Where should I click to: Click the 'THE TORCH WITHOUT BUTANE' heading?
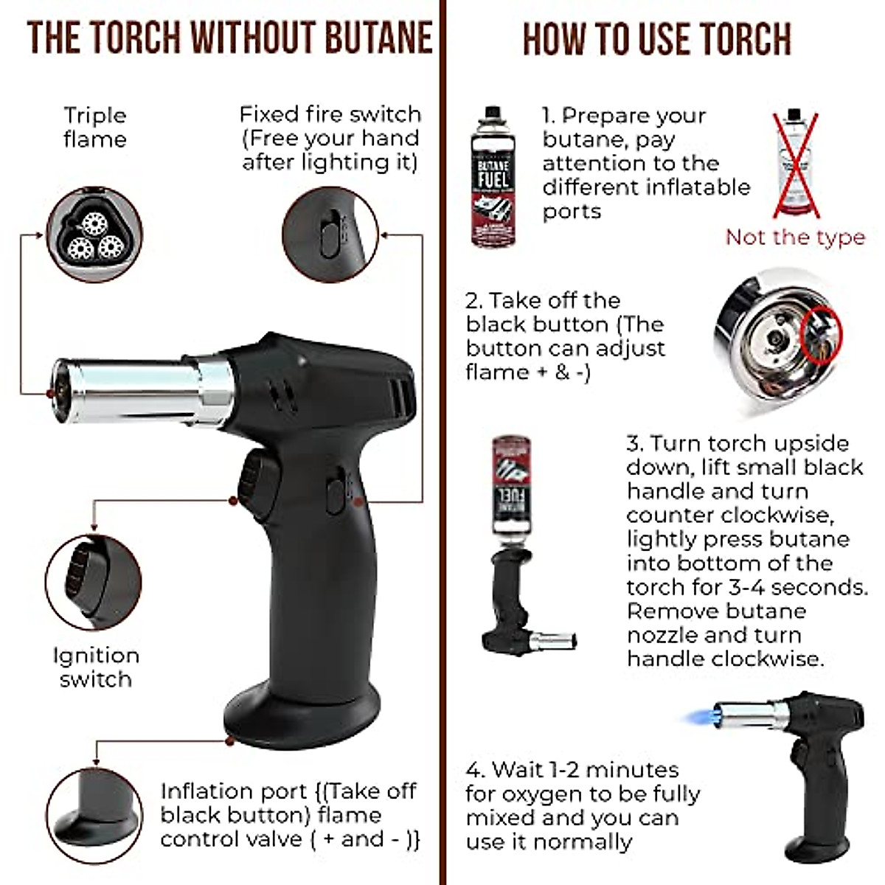click(x=229, y=38)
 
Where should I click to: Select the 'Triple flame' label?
click(x=94, y=127)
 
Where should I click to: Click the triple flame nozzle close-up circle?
click(x=94, y=235)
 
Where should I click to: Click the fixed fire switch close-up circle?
click(x=330, y=234)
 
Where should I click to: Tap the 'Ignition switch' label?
click(x=95, y=667)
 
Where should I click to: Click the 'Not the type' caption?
click(x=794, y=237)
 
